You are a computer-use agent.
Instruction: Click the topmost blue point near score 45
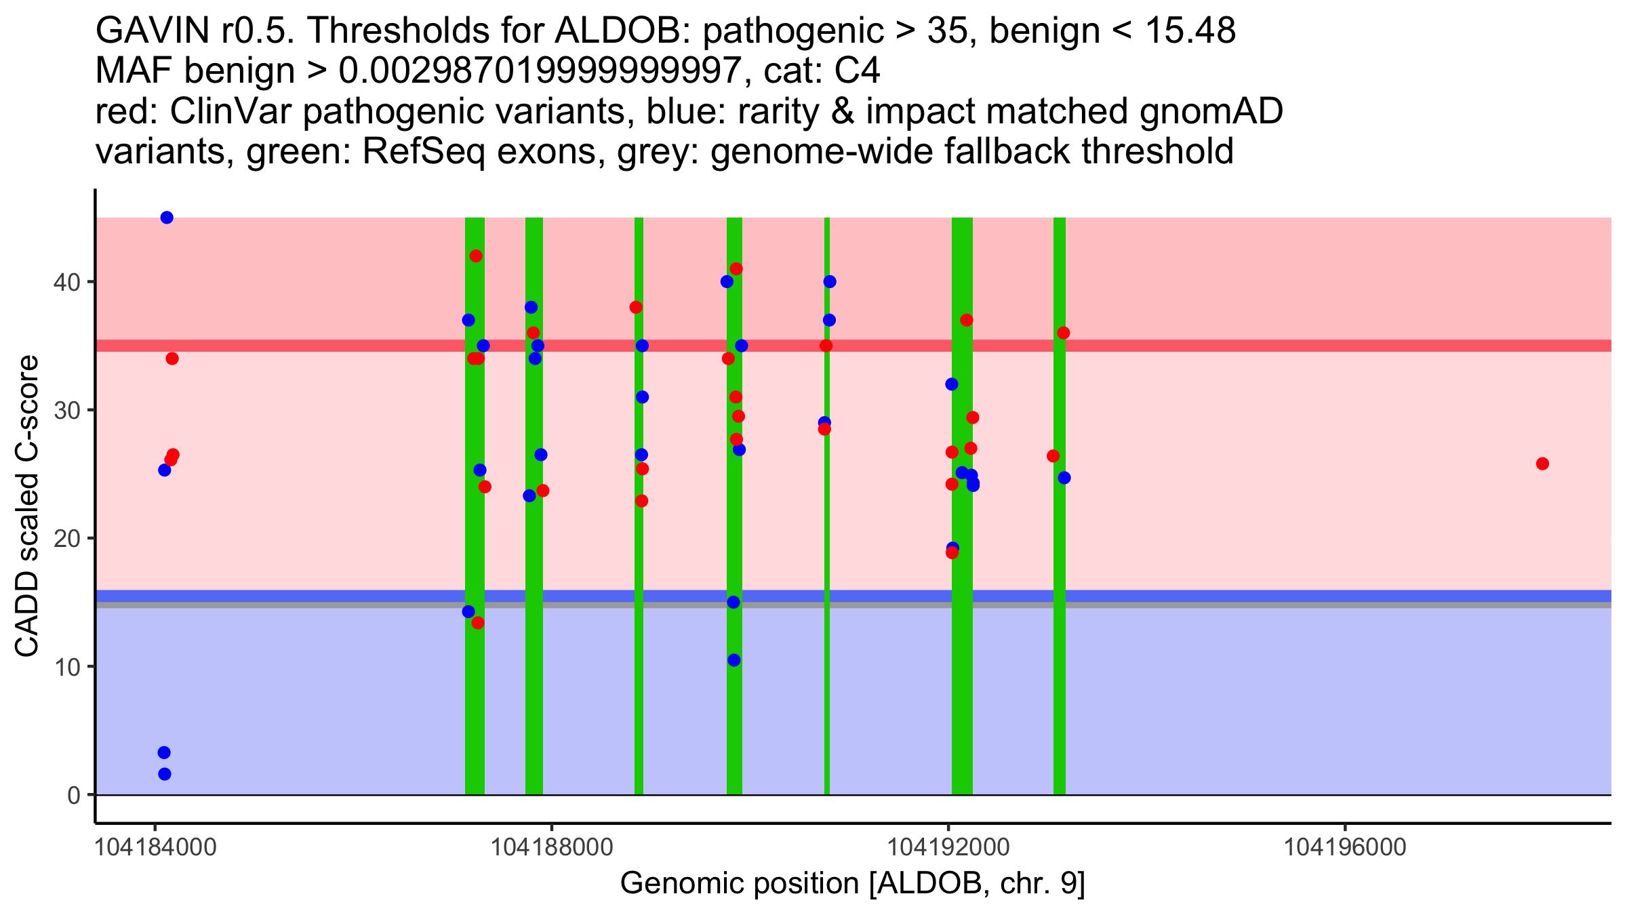point(167,218)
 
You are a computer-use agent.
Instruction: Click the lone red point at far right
point(1542,464)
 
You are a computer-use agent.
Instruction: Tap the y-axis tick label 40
point(66,282)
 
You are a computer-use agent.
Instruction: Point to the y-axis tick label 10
point(66,667)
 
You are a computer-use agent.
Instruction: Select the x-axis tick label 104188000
point(552,847)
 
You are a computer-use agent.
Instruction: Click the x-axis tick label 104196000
point(1345,847)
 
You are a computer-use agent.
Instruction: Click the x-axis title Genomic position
point(852,884)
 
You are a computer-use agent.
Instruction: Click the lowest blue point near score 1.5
point(164,774)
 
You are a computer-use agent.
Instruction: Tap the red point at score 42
point(476,256)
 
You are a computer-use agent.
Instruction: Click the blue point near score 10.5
point(734,660)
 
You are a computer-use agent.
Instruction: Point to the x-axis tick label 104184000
point(155,847)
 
